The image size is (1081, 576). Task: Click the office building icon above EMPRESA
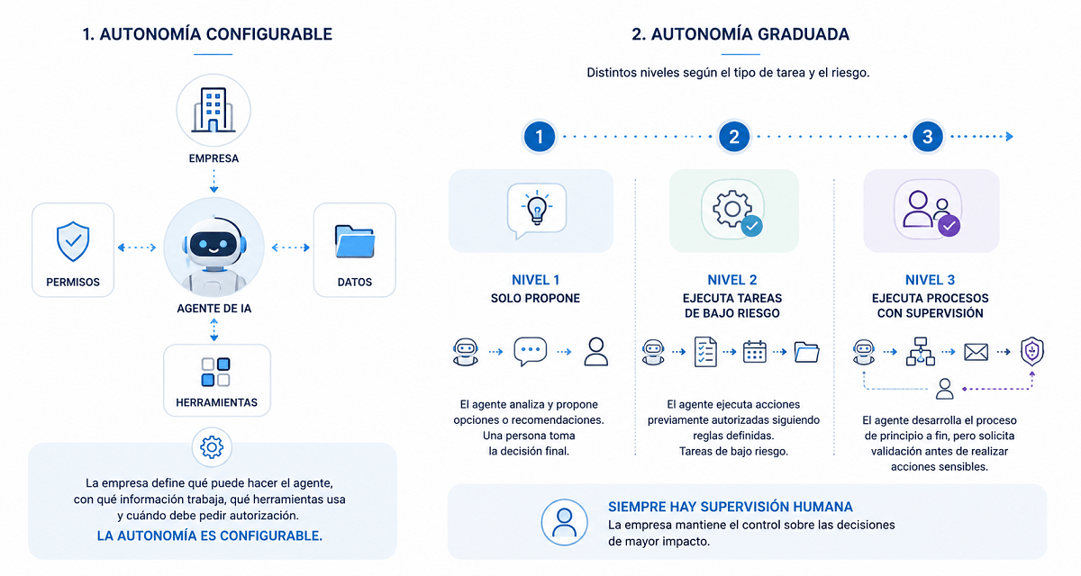213,110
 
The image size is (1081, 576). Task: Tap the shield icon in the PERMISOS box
73,241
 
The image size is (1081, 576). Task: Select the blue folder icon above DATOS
355,241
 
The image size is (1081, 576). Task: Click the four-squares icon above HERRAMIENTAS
215,372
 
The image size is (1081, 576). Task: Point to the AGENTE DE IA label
213,309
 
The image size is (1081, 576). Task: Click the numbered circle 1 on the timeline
539,137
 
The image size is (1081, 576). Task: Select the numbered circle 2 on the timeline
733,137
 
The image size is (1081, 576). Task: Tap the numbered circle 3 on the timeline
927,137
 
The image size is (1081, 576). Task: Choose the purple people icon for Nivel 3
931,213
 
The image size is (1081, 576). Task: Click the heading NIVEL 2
732,280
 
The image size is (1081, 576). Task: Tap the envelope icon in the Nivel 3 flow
976,352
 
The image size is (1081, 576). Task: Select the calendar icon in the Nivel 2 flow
754,352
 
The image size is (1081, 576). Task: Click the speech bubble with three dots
531,351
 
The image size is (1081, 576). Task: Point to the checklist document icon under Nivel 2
705,352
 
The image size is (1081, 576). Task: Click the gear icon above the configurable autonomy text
212,447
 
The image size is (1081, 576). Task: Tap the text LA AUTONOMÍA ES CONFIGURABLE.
209,536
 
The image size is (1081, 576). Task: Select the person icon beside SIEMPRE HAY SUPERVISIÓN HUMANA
564,523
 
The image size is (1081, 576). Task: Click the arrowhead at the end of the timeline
1010,137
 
